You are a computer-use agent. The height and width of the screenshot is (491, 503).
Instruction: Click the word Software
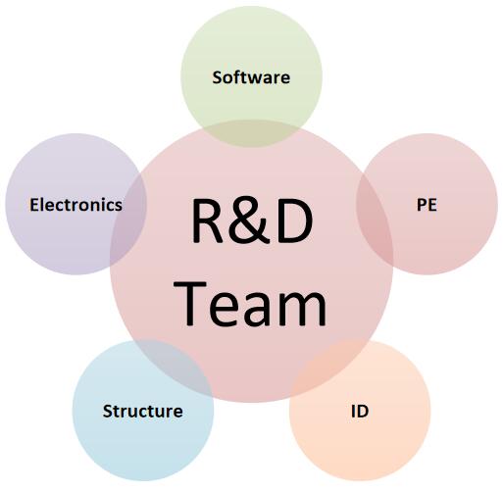[x=251, y=77]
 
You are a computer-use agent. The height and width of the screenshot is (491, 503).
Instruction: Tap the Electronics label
[x=75, y=205]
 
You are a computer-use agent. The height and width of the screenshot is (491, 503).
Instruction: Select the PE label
[x=427, y=205]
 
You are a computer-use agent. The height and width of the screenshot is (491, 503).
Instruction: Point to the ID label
[x=360, y=411]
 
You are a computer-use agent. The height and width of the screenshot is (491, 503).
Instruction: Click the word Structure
[x=142, y=411]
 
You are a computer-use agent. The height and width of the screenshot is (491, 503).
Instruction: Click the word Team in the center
[x=250, y=304]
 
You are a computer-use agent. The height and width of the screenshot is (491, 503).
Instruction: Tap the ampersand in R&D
[x=250, y=221]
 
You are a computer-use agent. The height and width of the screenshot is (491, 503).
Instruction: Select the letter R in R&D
[x=208, y=221]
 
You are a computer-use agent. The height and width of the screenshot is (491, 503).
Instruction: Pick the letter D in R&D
[x=294, y=221]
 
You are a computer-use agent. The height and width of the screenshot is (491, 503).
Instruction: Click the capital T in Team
[x=190, y=303]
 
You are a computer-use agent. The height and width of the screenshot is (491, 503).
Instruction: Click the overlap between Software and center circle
[x=251, y=133]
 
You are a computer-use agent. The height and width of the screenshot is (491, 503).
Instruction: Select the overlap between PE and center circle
[x=375, y=220]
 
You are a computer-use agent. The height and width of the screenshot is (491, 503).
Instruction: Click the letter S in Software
[x=218, y=77]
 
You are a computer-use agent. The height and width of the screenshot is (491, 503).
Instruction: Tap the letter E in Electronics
[x=34, y=205]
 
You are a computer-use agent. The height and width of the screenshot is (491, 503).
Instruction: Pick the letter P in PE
[x=422, y=205]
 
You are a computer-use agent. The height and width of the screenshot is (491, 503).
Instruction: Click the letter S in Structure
[x=108, y=411]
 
